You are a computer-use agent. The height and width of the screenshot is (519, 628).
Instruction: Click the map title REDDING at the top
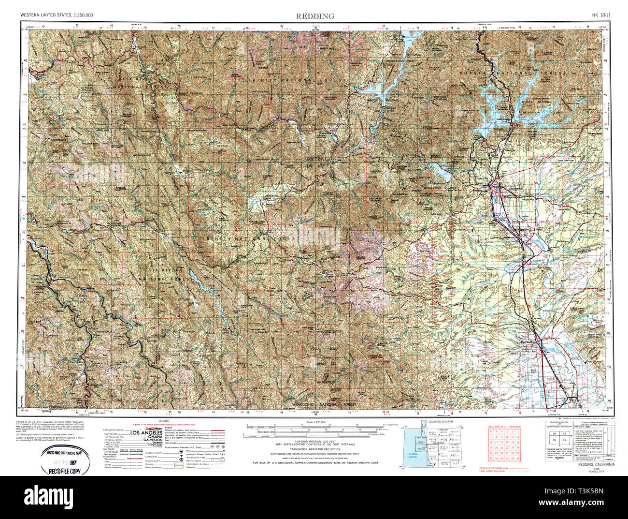pos(315,16)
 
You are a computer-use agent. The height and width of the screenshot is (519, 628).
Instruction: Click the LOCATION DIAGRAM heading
pos(440,422)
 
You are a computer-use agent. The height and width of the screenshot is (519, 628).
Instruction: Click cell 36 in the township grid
pos(518,458)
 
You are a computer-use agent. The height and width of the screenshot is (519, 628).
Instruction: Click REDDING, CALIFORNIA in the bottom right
pos(597,464)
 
